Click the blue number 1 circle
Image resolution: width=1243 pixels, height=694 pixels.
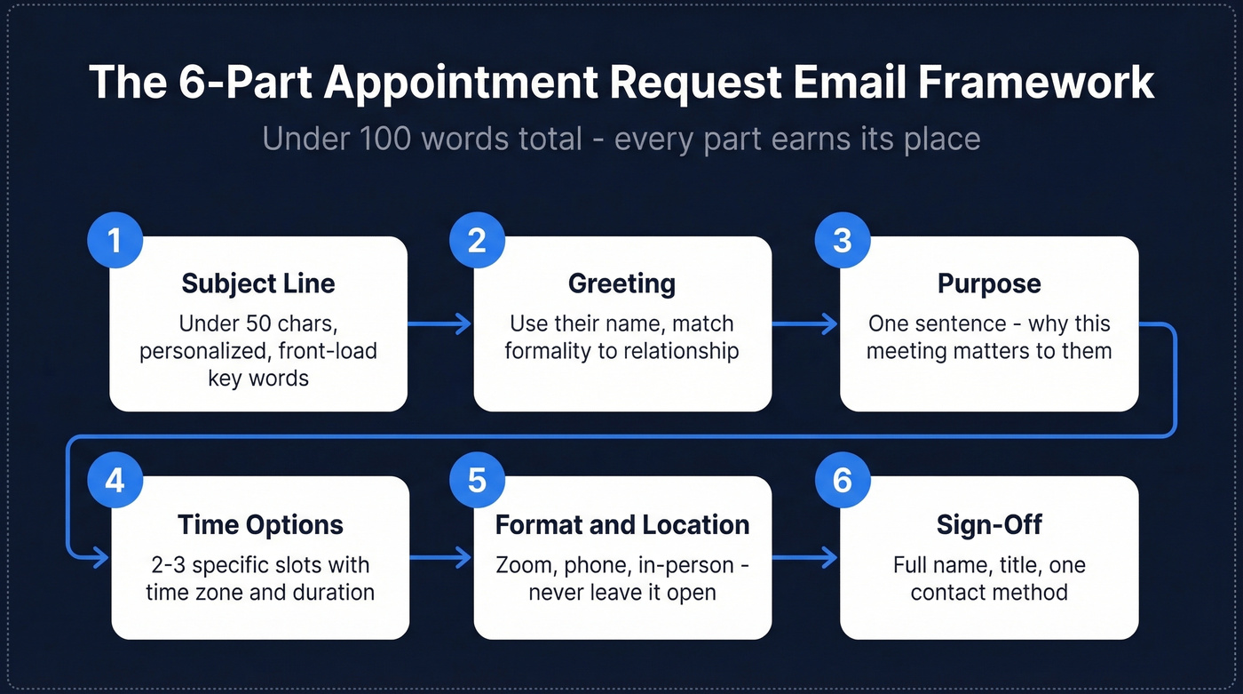pyautogui.click(x=115, y=241)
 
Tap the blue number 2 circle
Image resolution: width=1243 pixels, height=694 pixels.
pyautogui.click(x=478, y=241)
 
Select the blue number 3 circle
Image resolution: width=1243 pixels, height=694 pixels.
pyautogui.click(x=843, y=241)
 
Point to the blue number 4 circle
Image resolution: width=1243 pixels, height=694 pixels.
pyautogui.click(x=115, y=481)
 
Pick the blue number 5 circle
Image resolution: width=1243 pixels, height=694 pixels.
pyautogui.click(x=478, y=481)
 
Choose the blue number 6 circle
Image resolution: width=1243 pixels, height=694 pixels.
pyautogui.click(x=843, y=481)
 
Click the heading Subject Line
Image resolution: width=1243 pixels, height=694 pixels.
pyautogui.click(x=258, y=283)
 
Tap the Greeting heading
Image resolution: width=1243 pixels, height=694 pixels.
pyautogui.click(x=621, y=283)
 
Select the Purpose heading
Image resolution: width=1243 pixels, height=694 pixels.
pyautogui.click(x=989, y=283)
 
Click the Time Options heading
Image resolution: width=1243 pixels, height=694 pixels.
pyautogui.click(x=260, y=524)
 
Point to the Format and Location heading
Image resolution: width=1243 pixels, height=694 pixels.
pyautogui.click(x=621, y=524)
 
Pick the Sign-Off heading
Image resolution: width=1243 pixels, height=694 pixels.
pyautogui.click(x=989, y=524)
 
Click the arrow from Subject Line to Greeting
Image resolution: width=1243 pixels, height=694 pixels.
pyautogui.click(x=440, y=324)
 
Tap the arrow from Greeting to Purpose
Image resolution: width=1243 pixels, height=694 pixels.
pyautogui.click(x=805, y=324)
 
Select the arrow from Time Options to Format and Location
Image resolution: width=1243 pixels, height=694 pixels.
pyautogui.click(x=440, y=558)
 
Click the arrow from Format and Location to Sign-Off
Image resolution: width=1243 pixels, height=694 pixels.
pyautogui.click(x=805, y=558)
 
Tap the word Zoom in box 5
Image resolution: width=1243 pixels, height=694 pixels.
pyautogui.click(x=523, y=565)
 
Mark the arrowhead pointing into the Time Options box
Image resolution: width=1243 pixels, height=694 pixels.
pyautogui.click(x=100, y=558)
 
